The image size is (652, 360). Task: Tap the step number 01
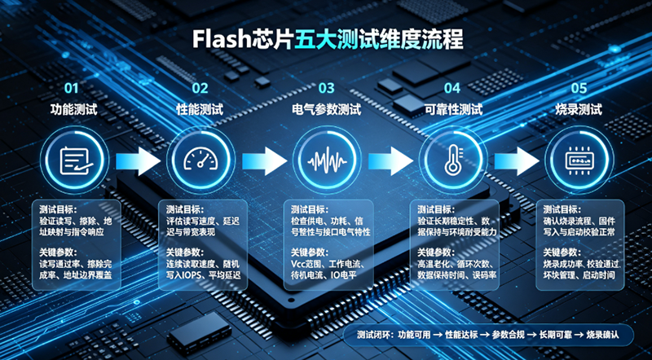pos(72,88)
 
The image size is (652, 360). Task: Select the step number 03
pos(327,88)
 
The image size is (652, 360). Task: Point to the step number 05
pos(579,88)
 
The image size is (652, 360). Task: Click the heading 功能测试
pos(74,110)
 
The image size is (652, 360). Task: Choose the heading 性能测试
pos(200,110)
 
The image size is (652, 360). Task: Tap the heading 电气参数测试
pos(327,110)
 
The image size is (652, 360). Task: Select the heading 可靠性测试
pos(453,110)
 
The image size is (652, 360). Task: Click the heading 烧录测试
pos(579,110)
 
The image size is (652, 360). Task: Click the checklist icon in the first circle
pos(75,161)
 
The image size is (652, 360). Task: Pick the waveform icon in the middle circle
pos(327,160)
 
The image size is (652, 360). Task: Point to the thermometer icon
pos(452,160)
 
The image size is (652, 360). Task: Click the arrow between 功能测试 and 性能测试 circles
pos(138,161)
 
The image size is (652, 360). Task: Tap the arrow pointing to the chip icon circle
pos(517,161)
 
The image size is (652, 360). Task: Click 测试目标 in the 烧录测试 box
pos(562,209)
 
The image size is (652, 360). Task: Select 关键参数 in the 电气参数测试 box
pos(310,252)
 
